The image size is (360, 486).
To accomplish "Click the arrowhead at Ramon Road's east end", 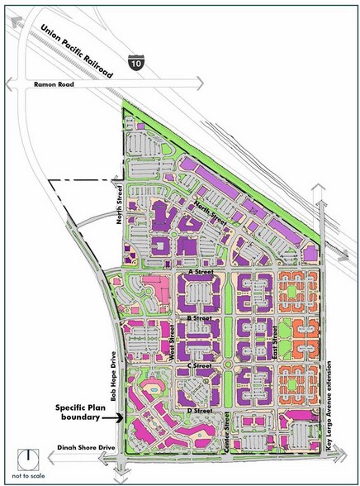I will (198, 83).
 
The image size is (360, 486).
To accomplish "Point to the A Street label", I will (201, 270).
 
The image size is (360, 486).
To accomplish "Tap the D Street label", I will (201, 411).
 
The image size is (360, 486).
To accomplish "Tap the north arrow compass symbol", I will (29, 458).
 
